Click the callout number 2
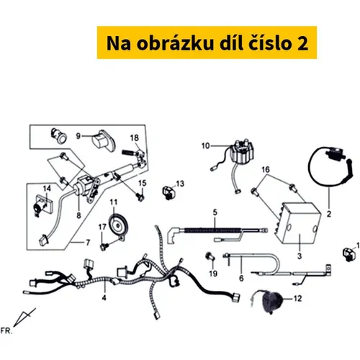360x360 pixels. (329, 214)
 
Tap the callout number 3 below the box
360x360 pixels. (300, 256)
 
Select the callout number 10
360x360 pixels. (205, 145)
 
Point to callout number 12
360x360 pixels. (297, 298)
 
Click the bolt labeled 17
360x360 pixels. (104, 246)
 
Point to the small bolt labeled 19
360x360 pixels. (210, 257)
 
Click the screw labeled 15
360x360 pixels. (140, 197)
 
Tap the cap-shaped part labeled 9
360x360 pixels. (104, 141)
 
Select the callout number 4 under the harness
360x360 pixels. (104, 298)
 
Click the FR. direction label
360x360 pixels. (6, 331)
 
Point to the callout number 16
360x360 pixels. (266, 170)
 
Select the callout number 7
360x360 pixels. (88, 243)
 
